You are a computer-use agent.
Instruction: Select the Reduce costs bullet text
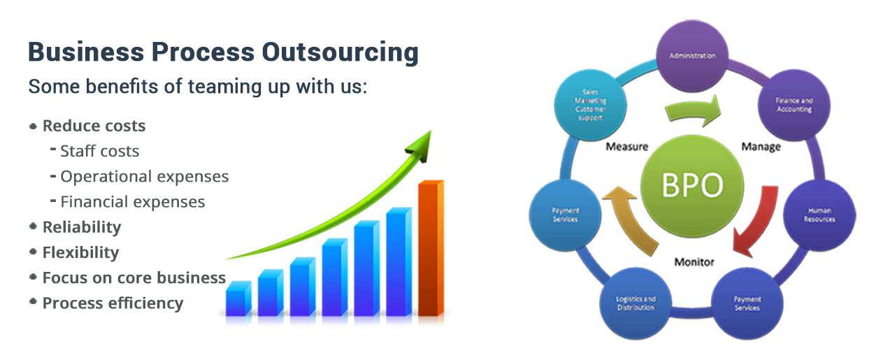[94, 127]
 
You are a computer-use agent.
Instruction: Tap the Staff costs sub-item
[99, 151]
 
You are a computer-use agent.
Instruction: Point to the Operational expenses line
[144, 177]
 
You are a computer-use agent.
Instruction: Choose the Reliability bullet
[81, 227]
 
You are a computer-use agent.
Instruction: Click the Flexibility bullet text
[80, 252]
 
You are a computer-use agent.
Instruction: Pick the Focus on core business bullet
[134, 278]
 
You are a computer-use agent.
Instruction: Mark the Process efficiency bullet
[113, 303]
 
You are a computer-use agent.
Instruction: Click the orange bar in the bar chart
[430, 248]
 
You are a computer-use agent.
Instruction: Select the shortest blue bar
[238, 300]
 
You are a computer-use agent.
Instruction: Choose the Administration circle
[692, 56]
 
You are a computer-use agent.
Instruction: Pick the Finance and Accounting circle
[794, 106]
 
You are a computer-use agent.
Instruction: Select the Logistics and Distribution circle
[636, 303]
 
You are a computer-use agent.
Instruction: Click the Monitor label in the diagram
[694, 262]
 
